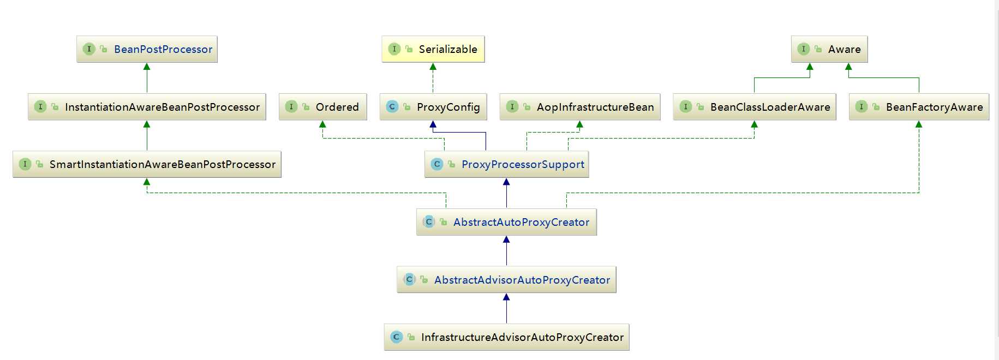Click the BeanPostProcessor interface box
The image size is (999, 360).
pos(147,49)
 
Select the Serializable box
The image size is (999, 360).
pos(433,49)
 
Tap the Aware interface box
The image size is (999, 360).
pos(829,49)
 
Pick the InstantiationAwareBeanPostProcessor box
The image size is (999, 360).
pos(147,107)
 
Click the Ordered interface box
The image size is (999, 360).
pos(322,107)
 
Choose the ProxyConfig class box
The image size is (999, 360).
pos(433,107)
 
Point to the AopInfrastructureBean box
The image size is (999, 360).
pos(580,107)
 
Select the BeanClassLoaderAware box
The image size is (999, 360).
pos(755,107)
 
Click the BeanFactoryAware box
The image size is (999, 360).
pos(919,107)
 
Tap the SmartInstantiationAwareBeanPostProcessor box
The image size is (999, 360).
pos(147,164)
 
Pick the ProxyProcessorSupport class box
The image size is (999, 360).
pos(507,164)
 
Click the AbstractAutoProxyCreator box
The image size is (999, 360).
pos(507,222)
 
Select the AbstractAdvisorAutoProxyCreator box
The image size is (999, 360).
pos(507,280)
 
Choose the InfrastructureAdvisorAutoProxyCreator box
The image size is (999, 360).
pos(507,337)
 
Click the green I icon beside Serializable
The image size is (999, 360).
pos(394,49)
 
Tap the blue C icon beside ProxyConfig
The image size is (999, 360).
pos(392,107)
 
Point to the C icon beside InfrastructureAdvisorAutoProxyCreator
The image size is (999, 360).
pos(397,337)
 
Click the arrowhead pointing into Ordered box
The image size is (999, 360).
pos(322,124)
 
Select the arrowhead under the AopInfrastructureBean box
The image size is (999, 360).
pos(580,124)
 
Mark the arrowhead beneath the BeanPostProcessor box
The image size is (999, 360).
pos(147,67)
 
